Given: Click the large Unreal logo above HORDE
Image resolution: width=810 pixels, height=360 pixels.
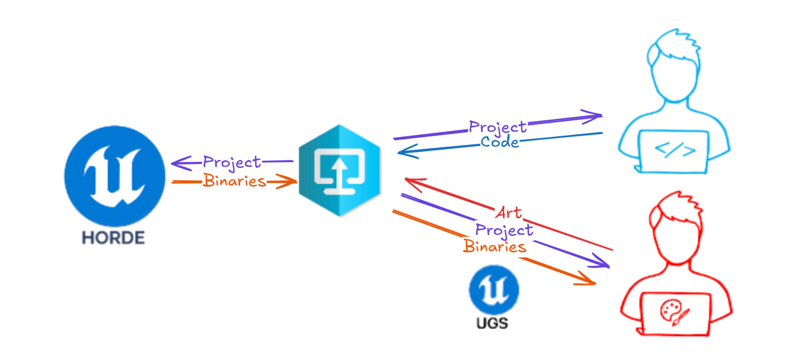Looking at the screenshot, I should click(x=115, y=176).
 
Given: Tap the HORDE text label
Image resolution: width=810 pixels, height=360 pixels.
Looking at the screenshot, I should click(x=113, y=238).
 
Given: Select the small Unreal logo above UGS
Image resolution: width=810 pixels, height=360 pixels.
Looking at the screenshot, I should click(x=494, y=290).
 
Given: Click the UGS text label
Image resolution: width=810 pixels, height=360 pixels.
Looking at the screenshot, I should click(x=492, y=323).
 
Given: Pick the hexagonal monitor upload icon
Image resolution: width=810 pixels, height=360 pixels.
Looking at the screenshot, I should click(x=339, y=170).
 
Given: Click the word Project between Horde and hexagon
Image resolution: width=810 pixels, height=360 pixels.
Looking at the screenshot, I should click(x=232, y=163).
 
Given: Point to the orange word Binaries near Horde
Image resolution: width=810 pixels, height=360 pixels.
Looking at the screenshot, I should click(x=234, y=181).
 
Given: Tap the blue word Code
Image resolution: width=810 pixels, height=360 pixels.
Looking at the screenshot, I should click(x=500, y=142).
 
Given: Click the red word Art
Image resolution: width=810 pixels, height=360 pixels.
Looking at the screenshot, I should click(x=508, y=213).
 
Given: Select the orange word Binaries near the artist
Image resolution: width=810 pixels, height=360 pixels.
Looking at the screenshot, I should click(x=495, y=247).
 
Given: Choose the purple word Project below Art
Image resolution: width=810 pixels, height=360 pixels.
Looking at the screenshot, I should click(x=504, y=230).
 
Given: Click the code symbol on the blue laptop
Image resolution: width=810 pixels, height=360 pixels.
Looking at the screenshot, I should click(x=675, y=150).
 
